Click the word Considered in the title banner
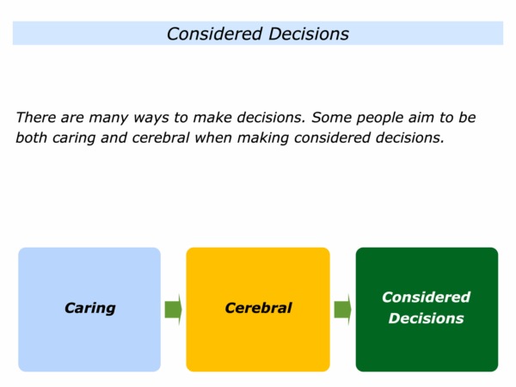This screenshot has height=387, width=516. point(214,34)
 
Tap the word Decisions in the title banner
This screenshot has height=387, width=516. point(309,34)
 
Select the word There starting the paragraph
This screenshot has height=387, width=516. point(35,117)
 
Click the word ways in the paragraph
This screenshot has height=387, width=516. point(151,119)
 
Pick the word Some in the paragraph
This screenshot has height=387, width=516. point(331,117)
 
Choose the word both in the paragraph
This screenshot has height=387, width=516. point(32,138)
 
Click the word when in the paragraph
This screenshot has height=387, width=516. point(213,138)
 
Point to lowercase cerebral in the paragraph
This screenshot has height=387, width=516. point(161,138)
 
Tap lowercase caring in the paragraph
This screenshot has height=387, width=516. point(74,138)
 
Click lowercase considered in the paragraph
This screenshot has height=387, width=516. point(332,138)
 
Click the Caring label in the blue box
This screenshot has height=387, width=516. point(89,309)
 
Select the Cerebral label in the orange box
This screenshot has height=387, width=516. point(258,308)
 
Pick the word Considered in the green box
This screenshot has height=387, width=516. point(427,298)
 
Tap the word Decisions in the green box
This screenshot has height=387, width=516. point(427,318)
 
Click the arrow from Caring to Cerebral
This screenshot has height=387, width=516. point(174,310)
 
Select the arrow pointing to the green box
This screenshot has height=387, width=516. point(342,310)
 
